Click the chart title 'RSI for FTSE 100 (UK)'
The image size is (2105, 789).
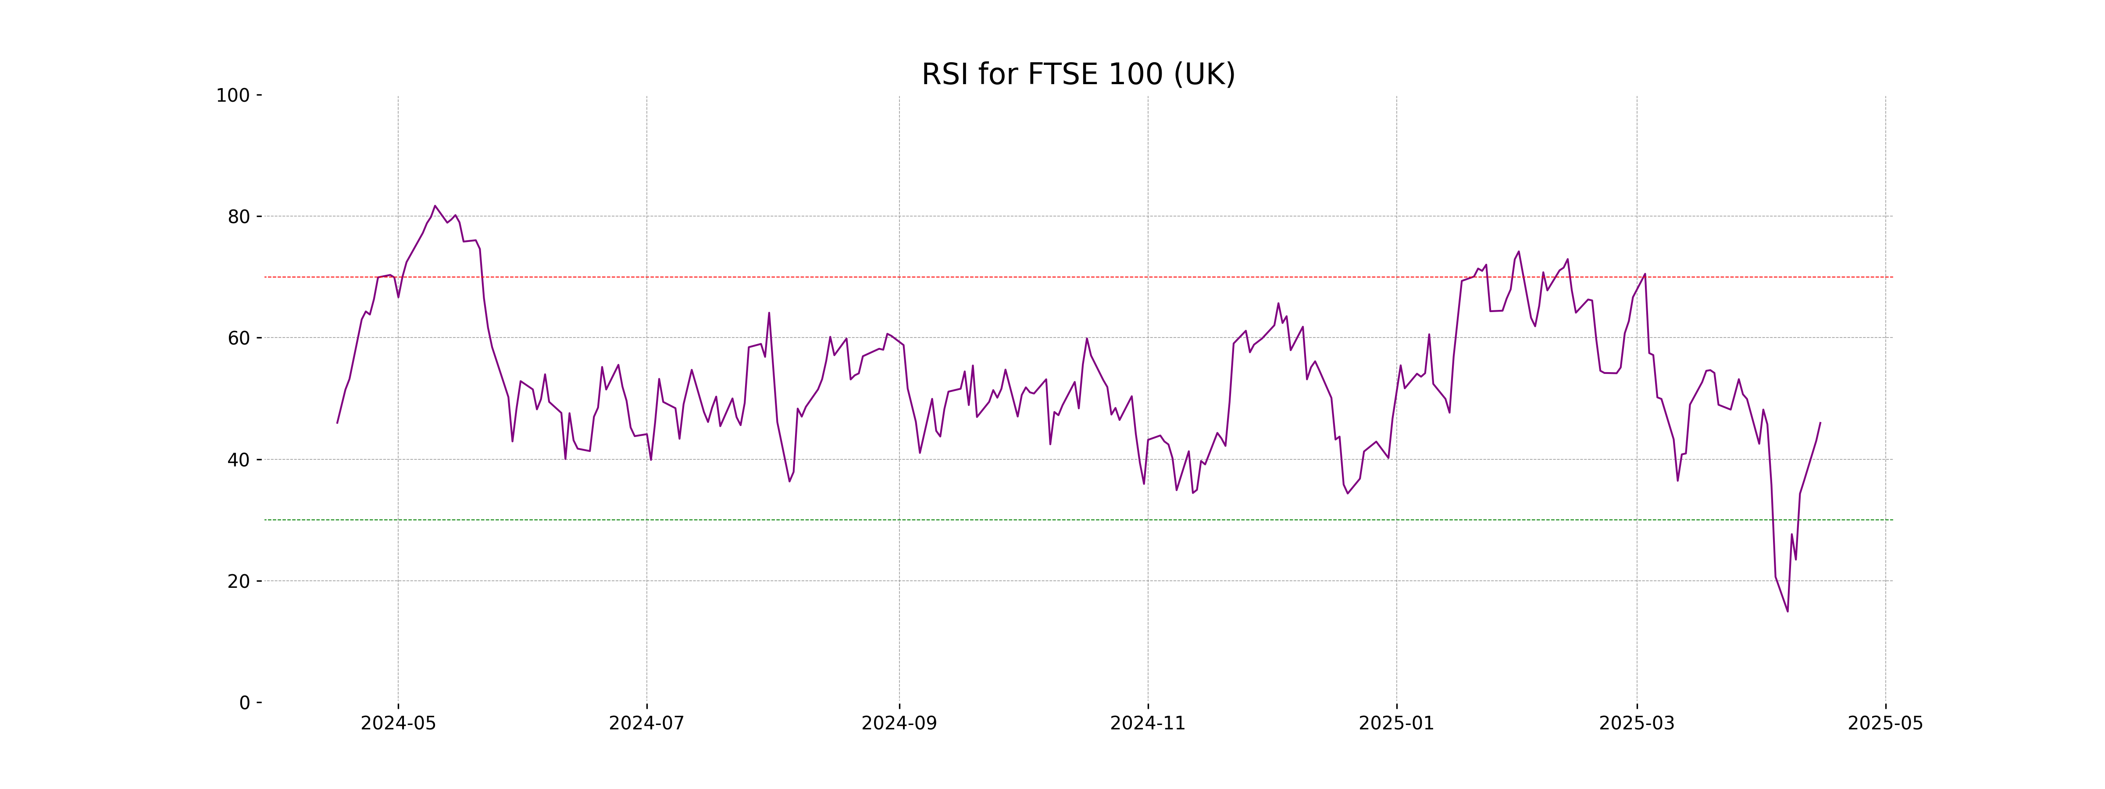tap(1078, 75)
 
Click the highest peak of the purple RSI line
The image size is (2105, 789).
tap(435, 206)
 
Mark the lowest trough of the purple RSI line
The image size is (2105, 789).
tap(1787, 611)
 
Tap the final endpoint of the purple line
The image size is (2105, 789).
tap(1820, 422)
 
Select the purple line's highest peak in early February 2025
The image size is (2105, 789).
tap(1518, 252)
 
